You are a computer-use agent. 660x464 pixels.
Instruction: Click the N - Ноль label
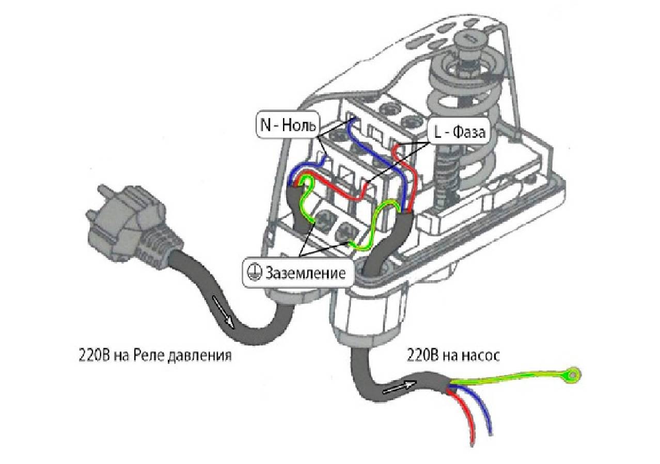[x=288, y=125]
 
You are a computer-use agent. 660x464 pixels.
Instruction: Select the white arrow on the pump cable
[x=400, y=388]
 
